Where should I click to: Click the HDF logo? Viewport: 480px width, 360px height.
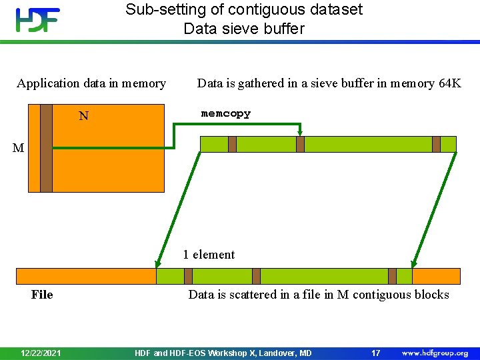(38, 20)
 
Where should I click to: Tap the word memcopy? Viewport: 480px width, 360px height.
(226, 114)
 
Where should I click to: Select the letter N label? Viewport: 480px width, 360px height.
(83, 117)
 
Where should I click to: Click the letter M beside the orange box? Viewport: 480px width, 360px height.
(18, 148)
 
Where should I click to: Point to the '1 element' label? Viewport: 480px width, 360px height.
(209, 255)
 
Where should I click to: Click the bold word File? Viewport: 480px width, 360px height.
(42, 295)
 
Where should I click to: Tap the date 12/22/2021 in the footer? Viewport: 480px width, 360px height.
(41, 353)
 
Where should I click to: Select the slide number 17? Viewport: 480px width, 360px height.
(376, 353)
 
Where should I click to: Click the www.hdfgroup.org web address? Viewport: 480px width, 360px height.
(435, 353)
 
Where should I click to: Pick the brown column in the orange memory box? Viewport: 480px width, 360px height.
(46, 148)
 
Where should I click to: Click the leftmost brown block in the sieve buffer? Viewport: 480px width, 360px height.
(232, 144)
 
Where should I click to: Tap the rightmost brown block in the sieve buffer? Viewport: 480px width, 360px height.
(436, 144)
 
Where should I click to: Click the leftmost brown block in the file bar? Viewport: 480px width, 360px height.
(188, 276)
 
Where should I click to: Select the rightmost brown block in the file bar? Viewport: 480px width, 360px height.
(392, 276)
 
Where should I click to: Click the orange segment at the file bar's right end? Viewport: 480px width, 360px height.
(437, 276)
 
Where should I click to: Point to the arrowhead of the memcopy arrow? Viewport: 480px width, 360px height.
(300, 133)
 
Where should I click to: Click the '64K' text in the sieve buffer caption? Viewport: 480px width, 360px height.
(449, 83)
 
